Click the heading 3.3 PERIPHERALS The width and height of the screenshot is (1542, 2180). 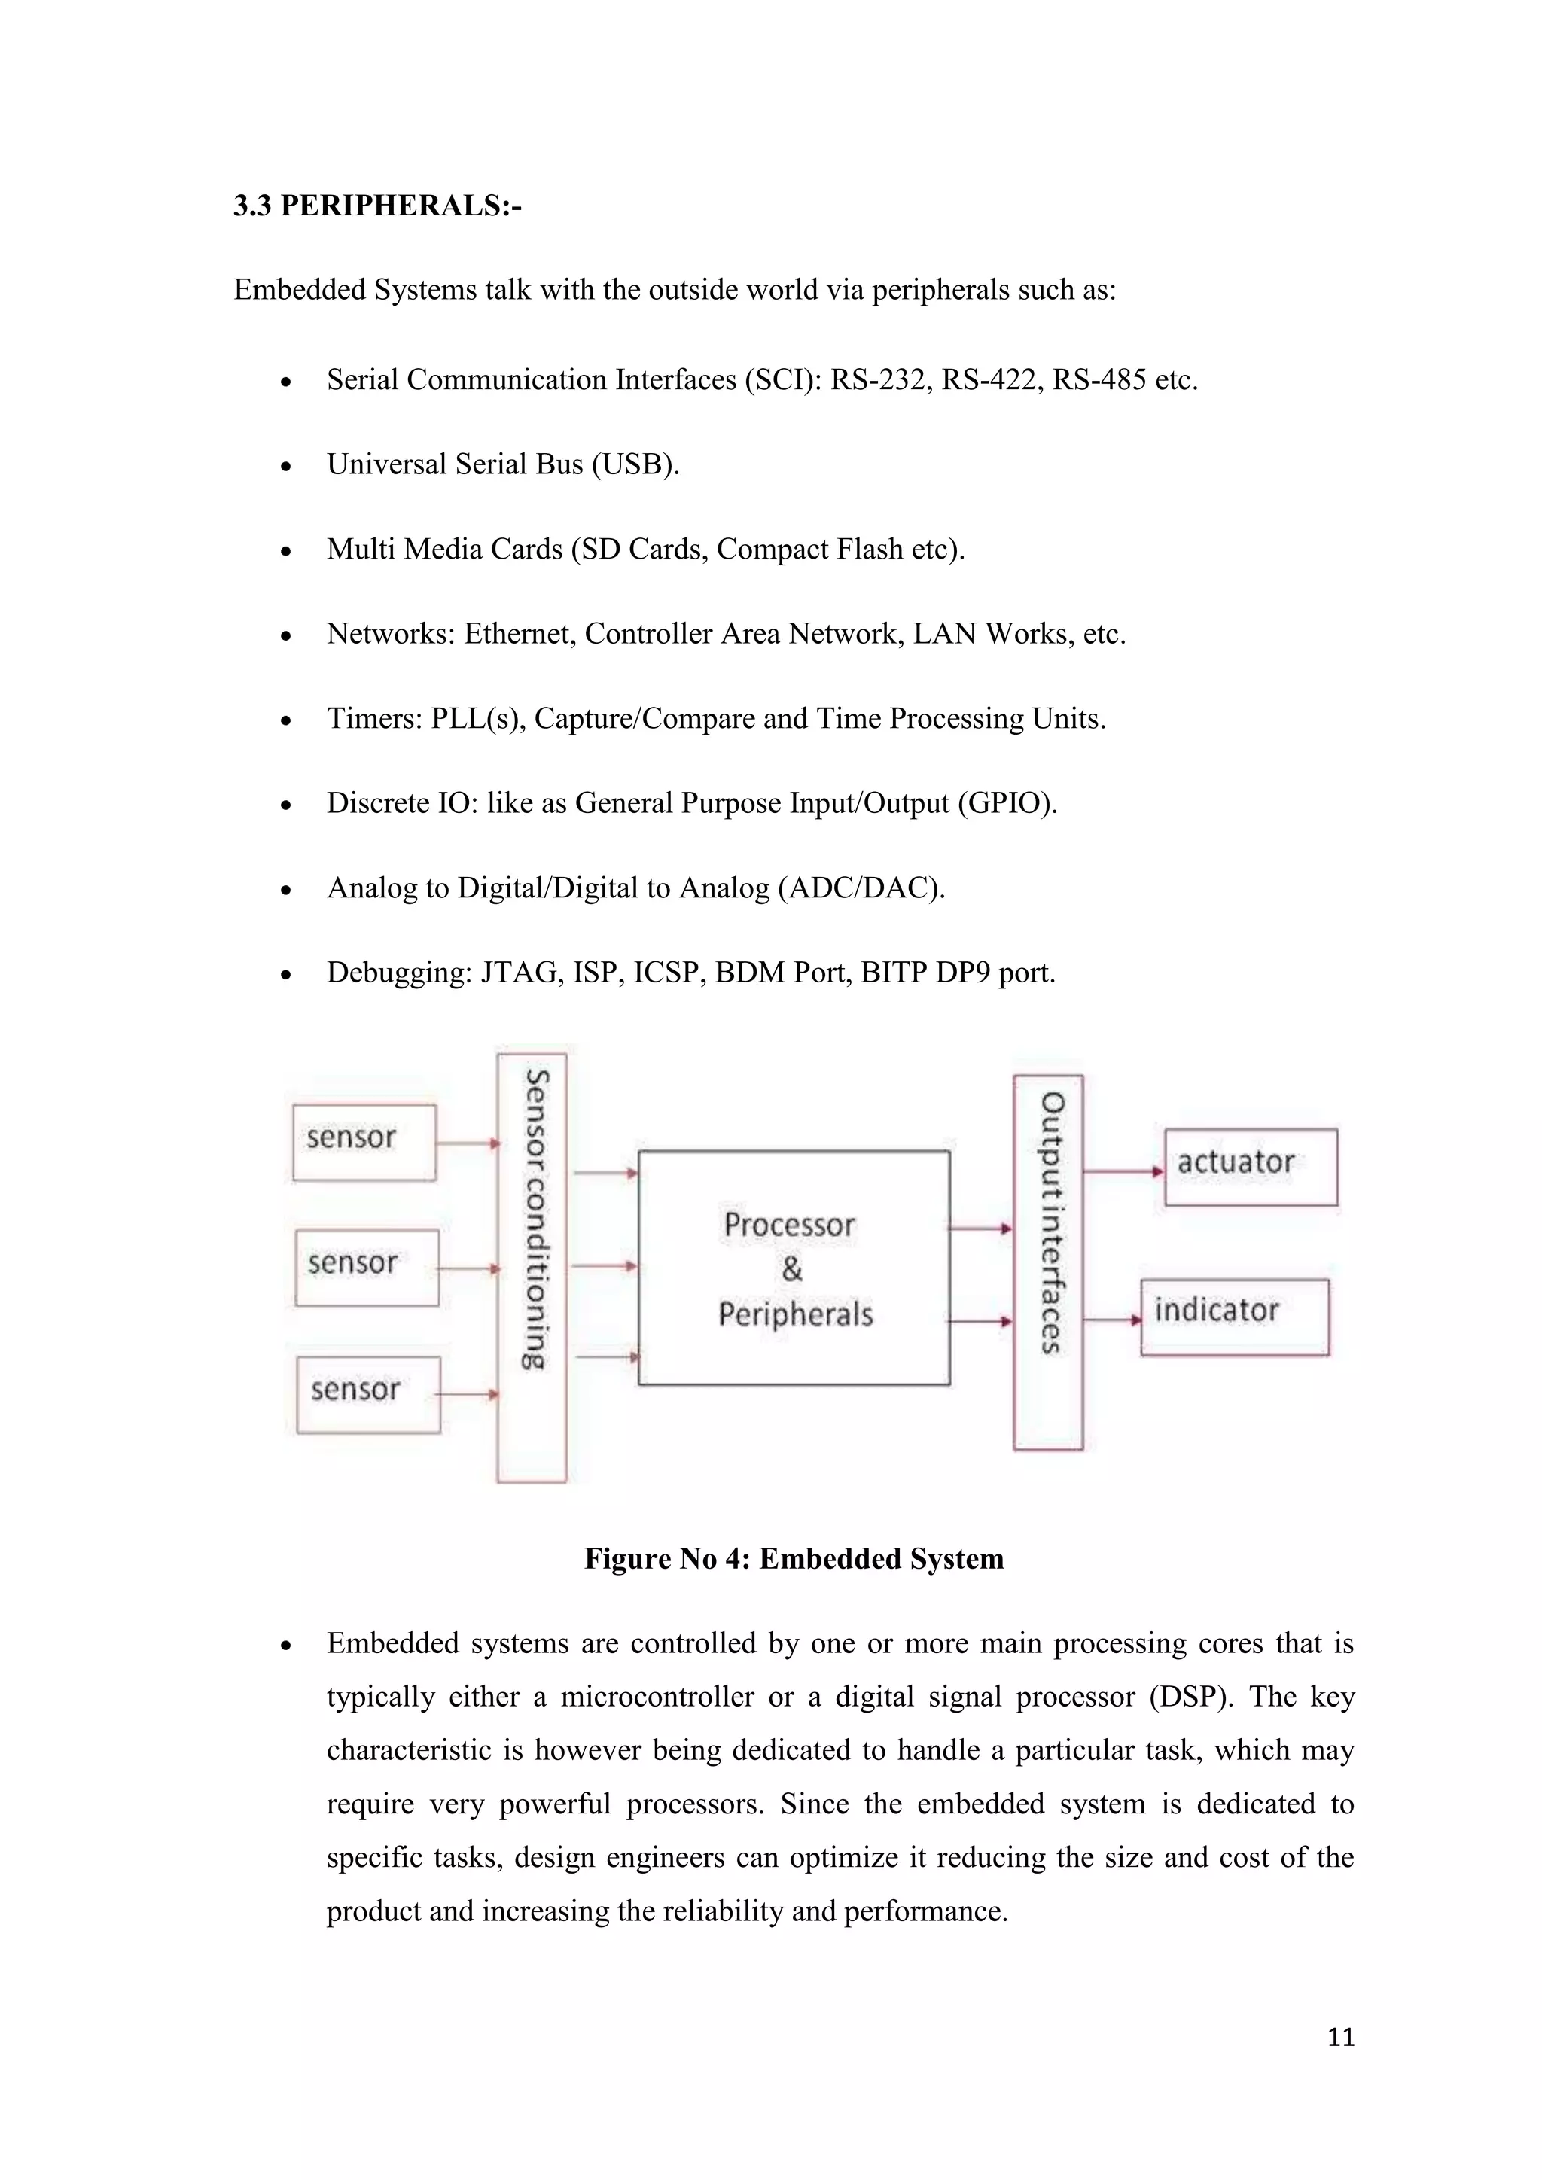tap(377, 205)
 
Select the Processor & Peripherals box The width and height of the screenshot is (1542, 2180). tap(794, 1268)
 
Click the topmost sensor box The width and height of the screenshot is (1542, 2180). tap(364, 1142)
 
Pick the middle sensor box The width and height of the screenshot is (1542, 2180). tap(367, 1268)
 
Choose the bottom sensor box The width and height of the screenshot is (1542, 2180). tap(368, 1394)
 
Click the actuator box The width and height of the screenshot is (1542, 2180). tap(1251, 1167)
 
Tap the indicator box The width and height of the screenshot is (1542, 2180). tap(1234, 1317)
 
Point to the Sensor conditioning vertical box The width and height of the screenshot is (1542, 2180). tap(532, 1268)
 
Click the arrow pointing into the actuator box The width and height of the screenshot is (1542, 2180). tap(1123, 1171)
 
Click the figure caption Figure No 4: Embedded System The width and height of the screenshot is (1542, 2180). tap(794, 1559)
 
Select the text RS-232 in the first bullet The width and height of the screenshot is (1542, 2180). tap(879, 380)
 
